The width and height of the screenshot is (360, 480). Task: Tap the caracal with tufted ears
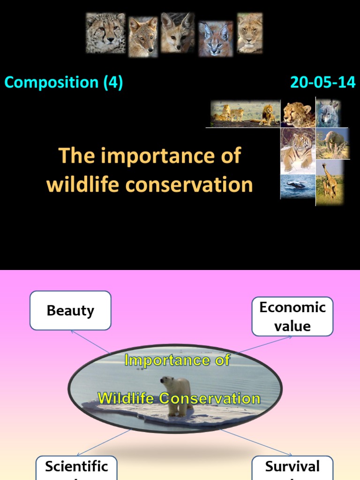(x=215, y=38)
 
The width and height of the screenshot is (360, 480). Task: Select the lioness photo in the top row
(x=249, y=32)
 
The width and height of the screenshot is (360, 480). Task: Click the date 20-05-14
(x=323, y=82)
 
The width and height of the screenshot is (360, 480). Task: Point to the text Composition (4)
(x=64, y=82)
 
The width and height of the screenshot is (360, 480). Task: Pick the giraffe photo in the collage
(x=330, y=180)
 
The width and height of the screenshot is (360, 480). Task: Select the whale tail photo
(x=298, y=186)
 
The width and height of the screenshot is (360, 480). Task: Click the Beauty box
(x=70, y=310)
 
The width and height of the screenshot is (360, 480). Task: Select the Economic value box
(x=292, y=316)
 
